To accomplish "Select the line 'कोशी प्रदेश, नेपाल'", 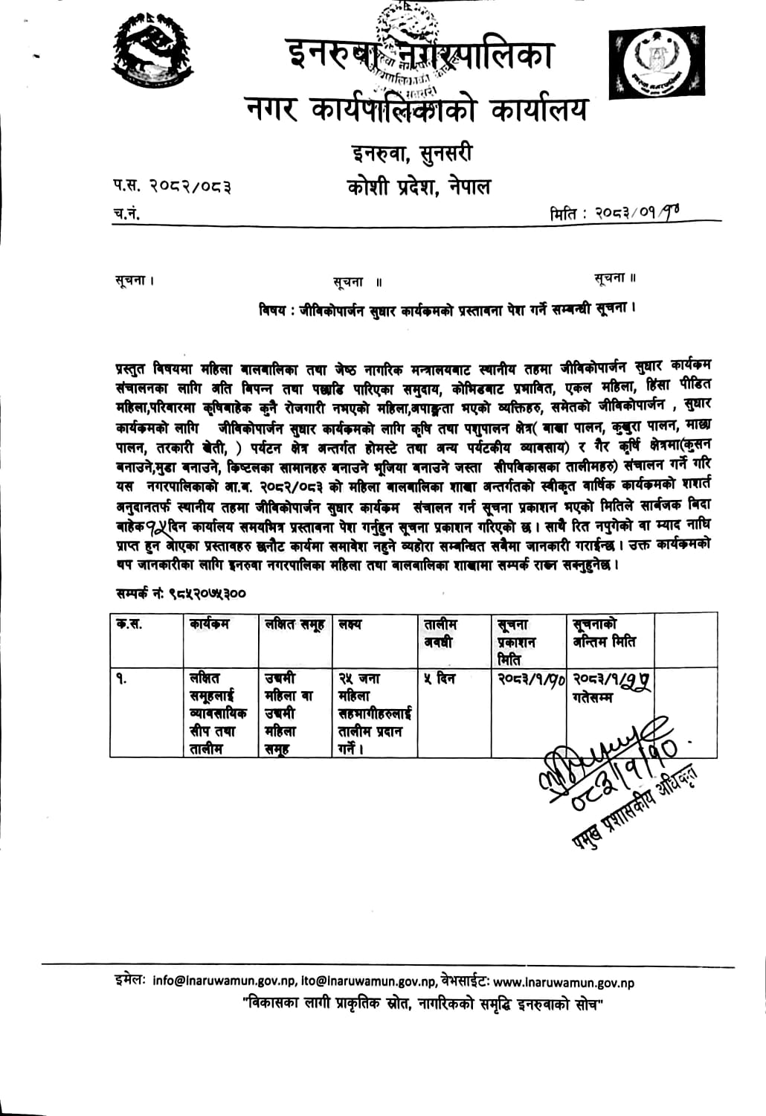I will (x=419, y=187).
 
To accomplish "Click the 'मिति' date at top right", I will (x=614, y=214).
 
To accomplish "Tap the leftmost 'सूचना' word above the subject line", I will (x=134, y=280).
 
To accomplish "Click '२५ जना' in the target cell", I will (x=359, y=679).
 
